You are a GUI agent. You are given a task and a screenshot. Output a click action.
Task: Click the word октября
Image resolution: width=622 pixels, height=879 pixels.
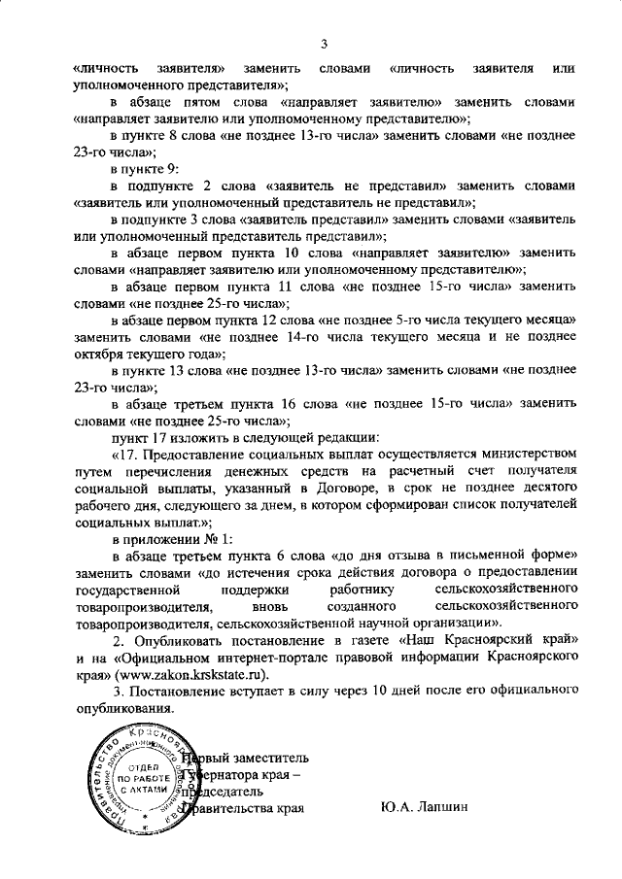click(x=98, y=355)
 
